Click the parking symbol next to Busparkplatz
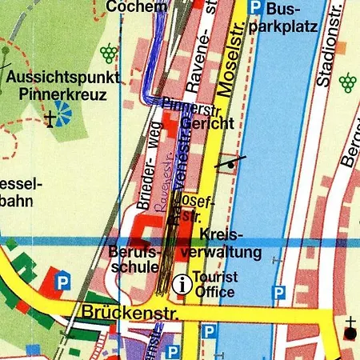tap(254, 8)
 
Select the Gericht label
tap(207, 124)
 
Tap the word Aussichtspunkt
tap(64, 78)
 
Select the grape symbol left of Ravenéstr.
tap(108, 54)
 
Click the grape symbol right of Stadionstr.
tap(347, 81)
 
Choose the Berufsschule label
tap(135, 259)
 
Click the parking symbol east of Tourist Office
tap(278, 294)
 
